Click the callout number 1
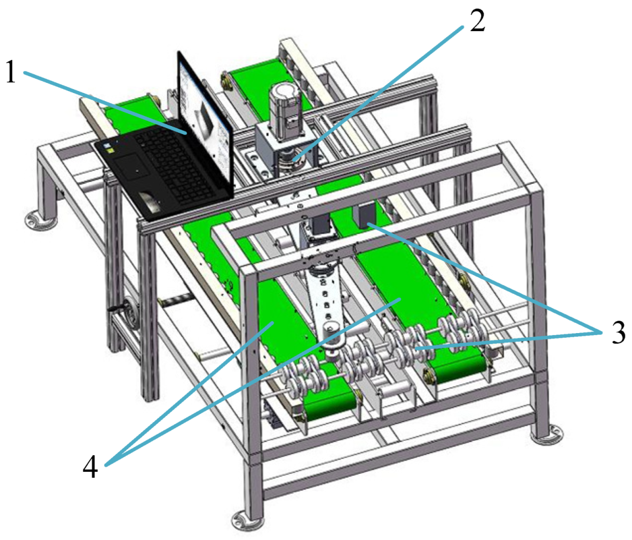(x=11, y=72)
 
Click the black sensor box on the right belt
(x=366, y=214)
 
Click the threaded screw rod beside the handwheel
(x=176, y=299)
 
